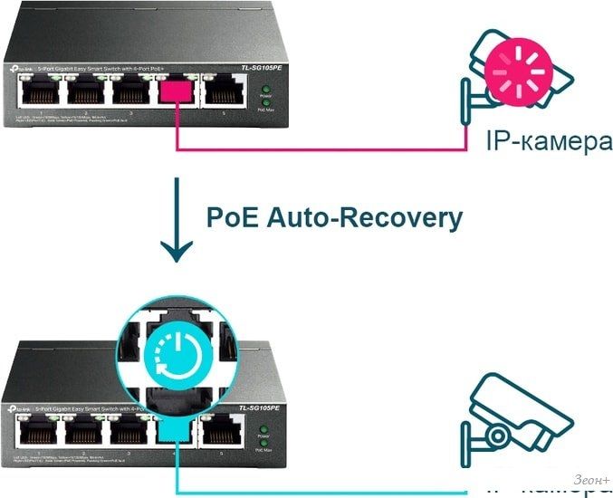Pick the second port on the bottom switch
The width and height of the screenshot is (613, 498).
pos(84,431)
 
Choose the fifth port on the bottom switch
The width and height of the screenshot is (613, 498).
pos(222,431)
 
